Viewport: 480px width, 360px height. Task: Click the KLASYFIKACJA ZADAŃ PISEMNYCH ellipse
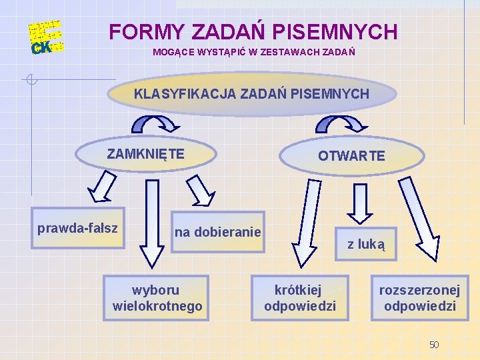click(x=251, y=94)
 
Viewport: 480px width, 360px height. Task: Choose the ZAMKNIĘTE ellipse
click(x=146, y=154)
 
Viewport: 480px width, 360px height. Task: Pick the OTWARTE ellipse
click(x=351, y=156)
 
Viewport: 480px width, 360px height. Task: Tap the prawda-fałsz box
click(x=77, y=229)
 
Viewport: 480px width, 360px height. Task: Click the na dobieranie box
click(x=218, y=232)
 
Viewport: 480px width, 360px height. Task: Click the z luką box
click(x=366, y=244)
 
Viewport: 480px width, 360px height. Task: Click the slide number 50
click(x=434, y=345)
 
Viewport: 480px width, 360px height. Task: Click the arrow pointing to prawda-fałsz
click(x=101, y=186)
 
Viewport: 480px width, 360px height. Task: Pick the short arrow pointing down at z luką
click(x=361, y=203)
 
